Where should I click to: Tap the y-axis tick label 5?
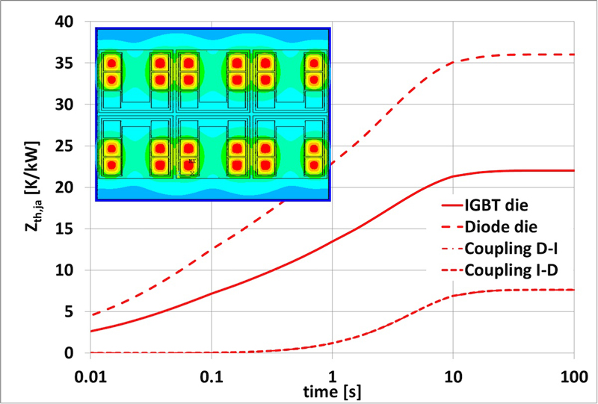(74, 311)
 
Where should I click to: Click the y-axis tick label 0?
(74, 352)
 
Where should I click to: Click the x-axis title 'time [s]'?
(332, 389)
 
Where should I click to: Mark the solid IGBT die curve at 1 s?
(332, 243)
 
